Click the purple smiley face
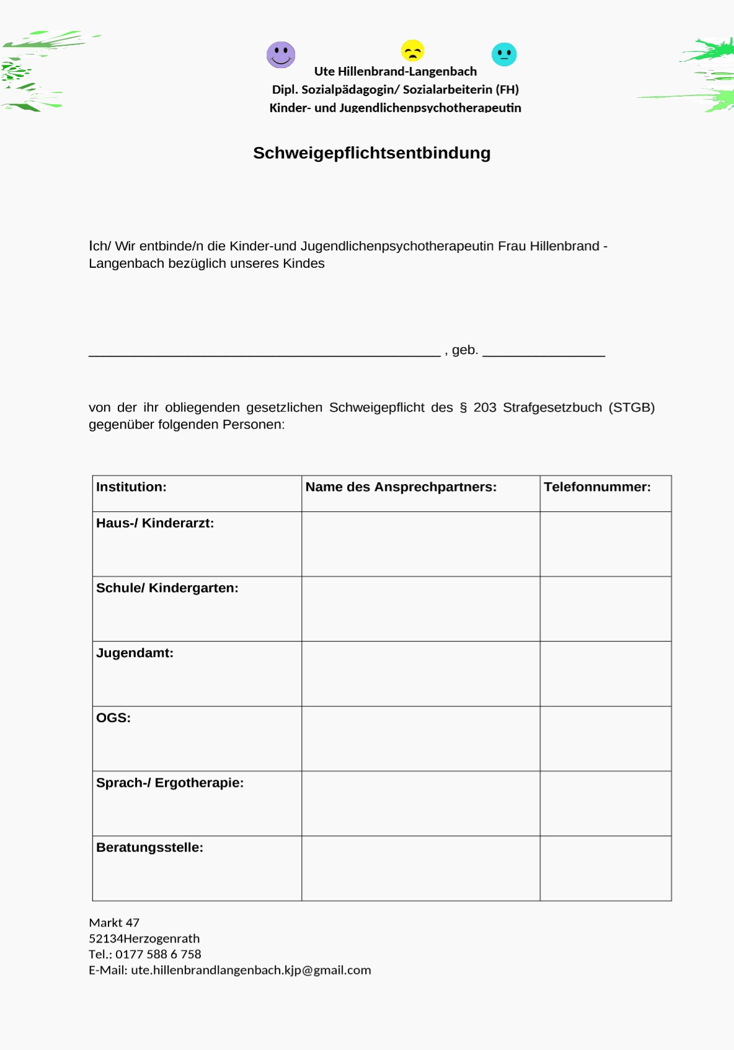(281, 55)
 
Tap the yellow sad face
(412, 50)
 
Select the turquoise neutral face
(504, 55)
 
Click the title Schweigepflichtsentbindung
(371, 153)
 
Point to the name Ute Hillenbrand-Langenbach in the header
(396, 71)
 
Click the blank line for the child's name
(265, 353)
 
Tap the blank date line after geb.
(544, 353)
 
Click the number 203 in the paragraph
(485, 407)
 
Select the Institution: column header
(131, 487)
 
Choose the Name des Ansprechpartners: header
(401, 487)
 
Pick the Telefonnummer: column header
(597, 487)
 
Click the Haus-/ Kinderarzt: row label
(155, 523)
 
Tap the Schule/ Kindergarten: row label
(167, 588)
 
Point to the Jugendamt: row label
(135, 653)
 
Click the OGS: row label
(113, 718)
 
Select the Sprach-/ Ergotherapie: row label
(170, 783)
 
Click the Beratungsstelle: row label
(149, 848)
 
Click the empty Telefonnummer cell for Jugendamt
(605, 674)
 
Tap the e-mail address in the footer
(251, 970)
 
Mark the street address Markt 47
(114, 923)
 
